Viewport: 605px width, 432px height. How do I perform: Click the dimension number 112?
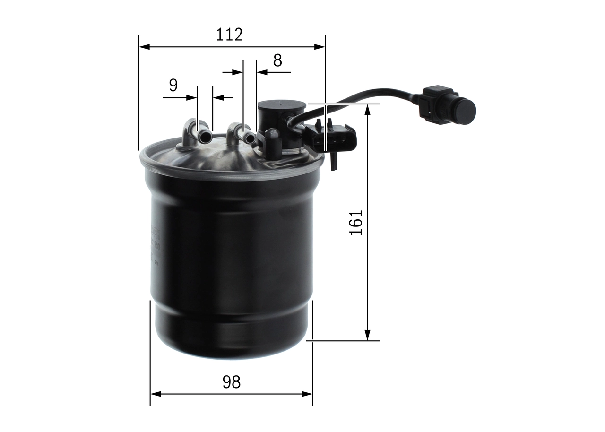click(229, 35)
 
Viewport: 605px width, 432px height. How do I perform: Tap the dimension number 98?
click(231, 381)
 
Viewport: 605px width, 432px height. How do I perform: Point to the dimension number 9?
click(173, 86)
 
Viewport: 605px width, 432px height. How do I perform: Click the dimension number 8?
click(277, 60)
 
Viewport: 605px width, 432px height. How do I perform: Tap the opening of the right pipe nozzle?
click(250, 138)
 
